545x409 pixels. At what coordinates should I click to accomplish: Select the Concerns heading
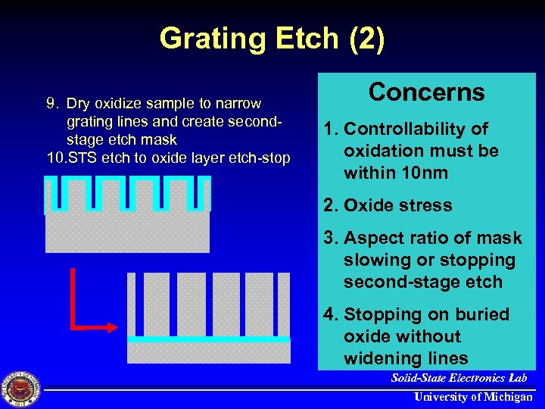point(426,92)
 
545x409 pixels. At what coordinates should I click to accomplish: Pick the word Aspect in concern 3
point(375,239)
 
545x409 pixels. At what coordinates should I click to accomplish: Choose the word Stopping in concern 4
point(383,314)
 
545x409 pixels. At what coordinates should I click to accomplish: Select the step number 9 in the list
point(51,103)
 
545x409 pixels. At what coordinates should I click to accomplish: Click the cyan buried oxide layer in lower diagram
point(208,339)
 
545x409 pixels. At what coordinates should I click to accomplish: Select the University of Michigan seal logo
point(20,389)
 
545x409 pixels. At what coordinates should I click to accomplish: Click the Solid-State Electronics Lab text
point(459,378)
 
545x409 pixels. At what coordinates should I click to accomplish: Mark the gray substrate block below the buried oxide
point(208,353)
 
